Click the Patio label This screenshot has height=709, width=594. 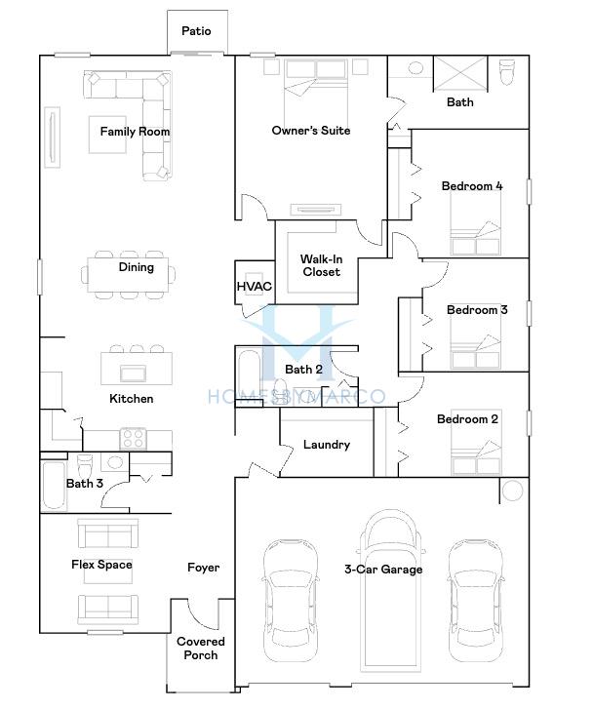196,31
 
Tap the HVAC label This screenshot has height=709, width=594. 255,286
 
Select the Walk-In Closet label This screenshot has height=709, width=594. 321,265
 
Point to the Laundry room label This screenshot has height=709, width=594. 327,445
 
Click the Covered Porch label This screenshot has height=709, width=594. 200,648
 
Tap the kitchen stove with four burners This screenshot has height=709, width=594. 133,439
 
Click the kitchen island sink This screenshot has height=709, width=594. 133,374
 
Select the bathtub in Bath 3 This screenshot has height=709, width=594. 54,486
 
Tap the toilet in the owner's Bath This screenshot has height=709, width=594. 507,71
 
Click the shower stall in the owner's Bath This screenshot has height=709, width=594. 460,74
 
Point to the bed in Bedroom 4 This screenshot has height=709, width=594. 475,223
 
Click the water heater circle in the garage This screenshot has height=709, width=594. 513,491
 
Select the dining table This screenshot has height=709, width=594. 128,274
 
